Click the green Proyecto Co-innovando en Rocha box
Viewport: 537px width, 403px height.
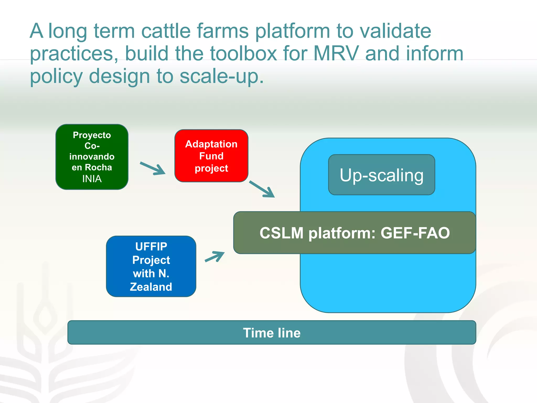[x=92, y=157]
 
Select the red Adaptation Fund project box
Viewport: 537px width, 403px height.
[x=211, y=156]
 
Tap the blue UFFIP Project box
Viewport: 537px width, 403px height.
[x=151, y=266]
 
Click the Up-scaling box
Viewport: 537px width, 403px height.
[x=382, y=175]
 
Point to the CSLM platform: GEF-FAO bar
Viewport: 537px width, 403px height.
[x=355, y=233]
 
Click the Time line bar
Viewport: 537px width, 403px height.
[x=272, y=332]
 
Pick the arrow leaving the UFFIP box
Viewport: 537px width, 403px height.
[x=215, y=257]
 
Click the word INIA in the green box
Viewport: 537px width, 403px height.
[x=92, y=179]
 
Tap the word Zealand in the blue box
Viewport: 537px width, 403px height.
[x=151, y=287]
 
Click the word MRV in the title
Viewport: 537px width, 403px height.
[x=336, y=54]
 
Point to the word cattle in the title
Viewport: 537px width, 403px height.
[x=166, y=31]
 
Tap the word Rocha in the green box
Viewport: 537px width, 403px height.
[x=98, y=167]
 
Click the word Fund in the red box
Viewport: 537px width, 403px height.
[x=211, y=156]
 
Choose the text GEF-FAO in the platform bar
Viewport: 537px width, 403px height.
[x=415, y=233]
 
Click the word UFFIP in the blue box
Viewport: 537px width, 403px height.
[x=151, y=247]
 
